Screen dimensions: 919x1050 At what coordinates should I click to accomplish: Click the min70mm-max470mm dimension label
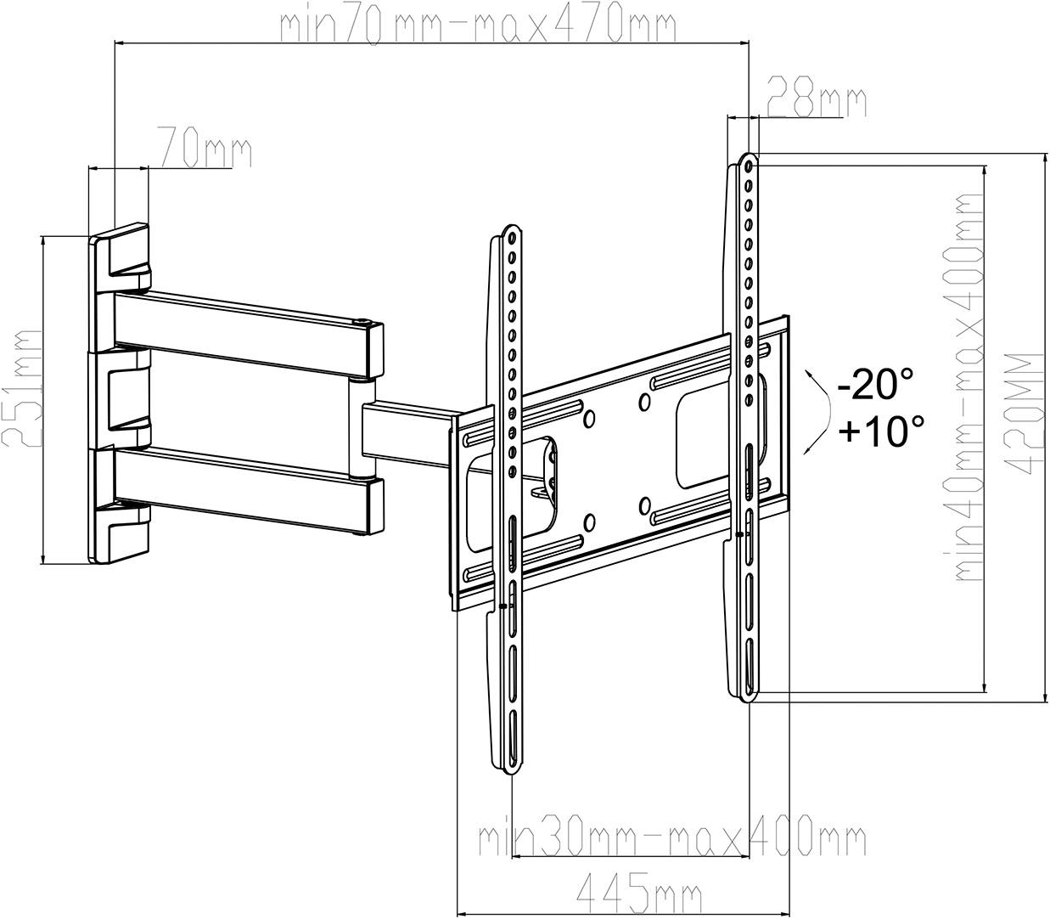tap(478, 25)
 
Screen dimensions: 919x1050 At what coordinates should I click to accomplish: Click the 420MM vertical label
tap(1029, 414)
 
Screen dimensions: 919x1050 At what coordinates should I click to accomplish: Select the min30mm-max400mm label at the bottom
tap(671, 839)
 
